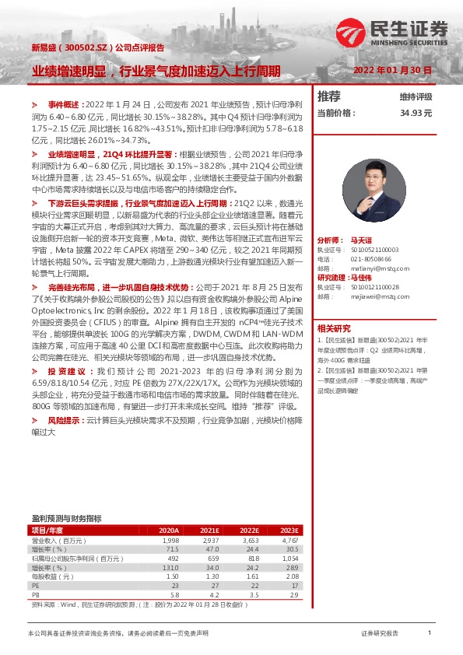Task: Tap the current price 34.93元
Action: (x=416, y=113)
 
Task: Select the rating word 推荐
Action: (x=329, y=96)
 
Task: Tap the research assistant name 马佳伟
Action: (x=362, y=278)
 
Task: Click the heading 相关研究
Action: (x=334, y=327)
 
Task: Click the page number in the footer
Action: (x=430, y=634)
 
